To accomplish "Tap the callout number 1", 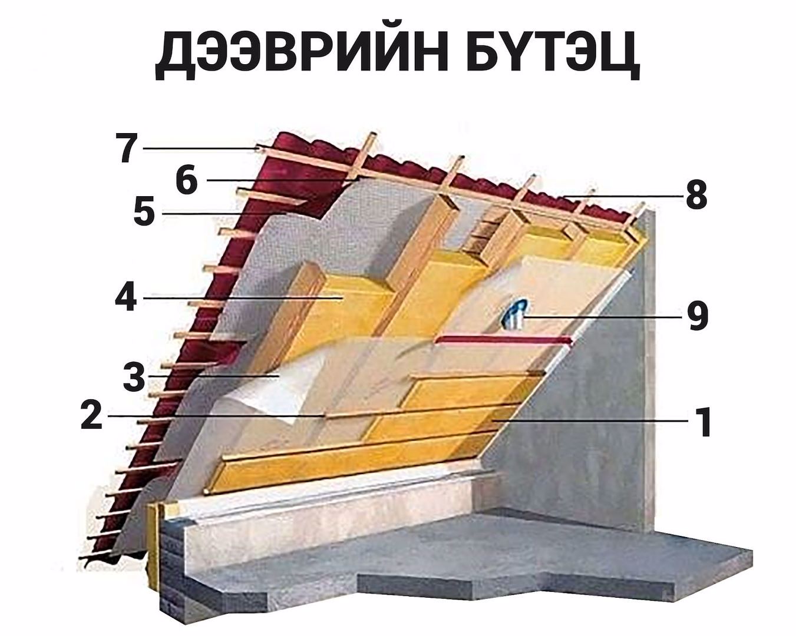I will [703, 422].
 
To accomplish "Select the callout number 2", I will [91, 415].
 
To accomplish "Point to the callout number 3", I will [134, 377].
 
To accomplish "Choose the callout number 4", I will [125, 298].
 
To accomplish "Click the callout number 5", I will [144, 213].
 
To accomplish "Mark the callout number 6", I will [186, 180].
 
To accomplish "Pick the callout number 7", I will [128, 148].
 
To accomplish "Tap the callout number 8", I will [696, 195].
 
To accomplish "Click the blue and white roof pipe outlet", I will [514, 313].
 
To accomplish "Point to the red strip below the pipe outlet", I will [504, 340].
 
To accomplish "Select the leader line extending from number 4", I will [242, 298].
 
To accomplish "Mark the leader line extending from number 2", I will [212, 416].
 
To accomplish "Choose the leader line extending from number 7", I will [200, 148].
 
